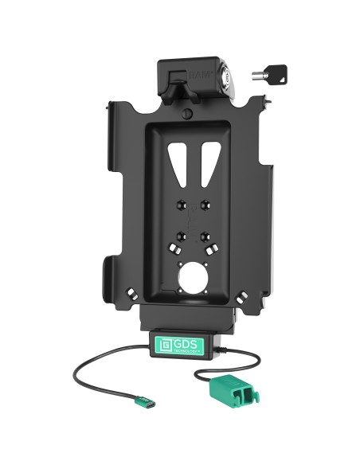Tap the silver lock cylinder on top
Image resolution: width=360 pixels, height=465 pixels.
[x=230, y=76]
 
